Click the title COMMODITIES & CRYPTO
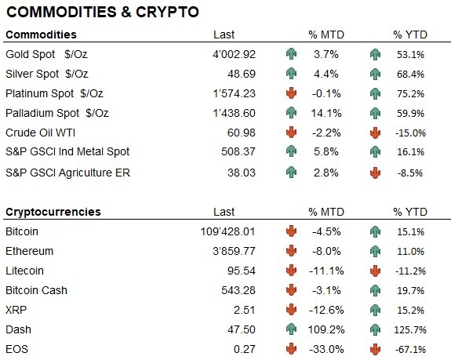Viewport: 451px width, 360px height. [102, 13]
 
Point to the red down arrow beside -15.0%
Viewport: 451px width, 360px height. [376, 133]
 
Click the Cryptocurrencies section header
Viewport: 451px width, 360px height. [52, 213]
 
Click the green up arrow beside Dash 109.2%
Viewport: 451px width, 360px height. [292, 329]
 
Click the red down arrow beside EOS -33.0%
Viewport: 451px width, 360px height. [292, 347]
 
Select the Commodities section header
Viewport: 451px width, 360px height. [41, 35]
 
